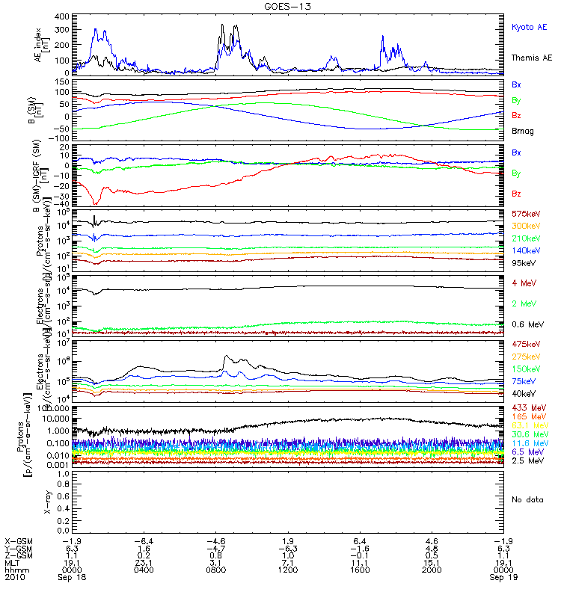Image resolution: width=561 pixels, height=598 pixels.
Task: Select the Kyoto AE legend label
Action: click(530, 27)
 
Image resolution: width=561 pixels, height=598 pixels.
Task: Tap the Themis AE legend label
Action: click(531, 58)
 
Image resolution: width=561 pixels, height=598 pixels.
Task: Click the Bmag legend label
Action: click(522, 131)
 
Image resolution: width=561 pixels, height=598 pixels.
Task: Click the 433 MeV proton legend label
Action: click(527, 407)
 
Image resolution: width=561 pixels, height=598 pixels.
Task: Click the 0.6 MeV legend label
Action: click(527, 324)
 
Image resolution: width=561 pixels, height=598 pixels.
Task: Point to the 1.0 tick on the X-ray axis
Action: click(65, 474)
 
